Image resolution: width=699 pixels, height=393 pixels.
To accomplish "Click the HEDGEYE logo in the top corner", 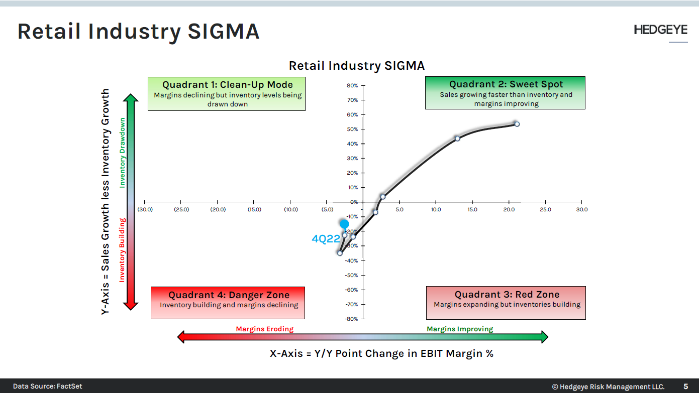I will tap(660, 30).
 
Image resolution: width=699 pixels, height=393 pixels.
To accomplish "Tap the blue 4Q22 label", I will tap(326, 239).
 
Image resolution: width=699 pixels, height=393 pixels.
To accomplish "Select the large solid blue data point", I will tap(344, 224).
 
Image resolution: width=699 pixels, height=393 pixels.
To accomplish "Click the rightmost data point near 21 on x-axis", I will tap(517, 124).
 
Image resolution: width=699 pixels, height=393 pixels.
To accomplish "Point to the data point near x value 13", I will tap(457, 139).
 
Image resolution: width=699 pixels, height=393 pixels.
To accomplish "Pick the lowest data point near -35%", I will tap(340, 253).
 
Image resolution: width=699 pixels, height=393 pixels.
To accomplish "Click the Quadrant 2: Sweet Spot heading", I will tap(506, 84).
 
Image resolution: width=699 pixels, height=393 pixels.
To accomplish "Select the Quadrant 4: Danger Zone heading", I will tap(229, 295).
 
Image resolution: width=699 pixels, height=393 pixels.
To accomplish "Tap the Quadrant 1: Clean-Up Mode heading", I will tap(227, 85).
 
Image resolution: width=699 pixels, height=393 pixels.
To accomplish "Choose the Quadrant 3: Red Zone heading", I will tap(507, 295).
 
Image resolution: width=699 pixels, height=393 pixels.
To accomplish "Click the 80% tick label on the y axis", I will tap(352, 86).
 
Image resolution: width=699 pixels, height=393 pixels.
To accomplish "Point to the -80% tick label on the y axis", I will tap(351, 319).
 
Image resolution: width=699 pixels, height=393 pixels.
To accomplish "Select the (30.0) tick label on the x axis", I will tap(145, 209).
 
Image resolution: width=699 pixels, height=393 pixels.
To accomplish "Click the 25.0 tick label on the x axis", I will tap(545, 209).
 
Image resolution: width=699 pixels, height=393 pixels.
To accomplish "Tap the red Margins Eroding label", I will tap(265, 329).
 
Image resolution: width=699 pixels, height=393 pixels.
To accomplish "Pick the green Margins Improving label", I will tap(460, 329).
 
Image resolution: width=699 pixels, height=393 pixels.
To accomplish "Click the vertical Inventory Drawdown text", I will tap(122, 153).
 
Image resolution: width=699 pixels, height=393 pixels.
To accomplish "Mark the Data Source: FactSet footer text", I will tap(48, 386).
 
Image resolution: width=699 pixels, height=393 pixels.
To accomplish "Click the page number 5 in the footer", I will tap(685, 386).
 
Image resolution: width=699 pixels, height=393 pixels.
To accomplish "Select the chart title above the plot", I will tap(356, 66).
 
